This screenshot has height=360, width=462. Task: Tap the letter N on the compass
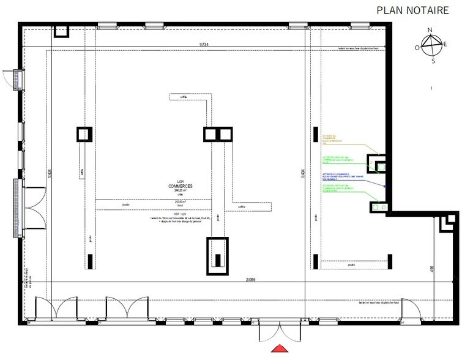pos(430,30)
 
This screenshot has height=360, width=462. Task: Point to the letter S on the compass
pos(433,61)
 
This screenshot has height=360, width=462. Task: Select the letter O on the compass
pos(417,47)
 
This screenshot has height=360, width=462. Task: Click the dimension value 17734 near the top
pos(204,44)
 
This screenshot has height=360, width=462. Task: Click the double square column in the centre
pos(218,134)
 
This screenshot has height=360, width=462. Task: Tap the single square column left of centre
pos(83,133)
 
